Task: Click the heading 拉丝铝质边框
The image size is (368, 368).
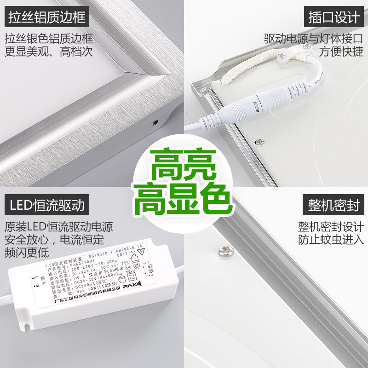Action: pos(47,17)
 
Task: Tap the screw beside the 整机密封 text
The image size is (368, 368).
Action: pos(225,251)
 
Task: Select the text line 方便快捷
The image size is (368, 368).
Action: pos(341,52)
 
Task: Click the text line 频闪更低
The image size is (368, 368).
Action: pos(27,252)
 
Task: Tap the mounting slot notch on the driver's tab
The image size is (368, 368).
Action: pos(27,327)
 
